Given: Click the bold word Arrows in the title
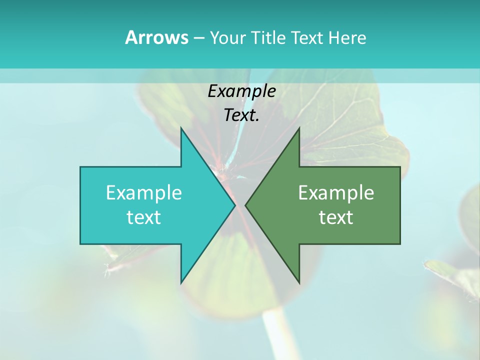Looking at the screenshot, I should point(156,37).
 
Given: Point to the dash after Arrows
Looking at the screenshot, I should point(198,38).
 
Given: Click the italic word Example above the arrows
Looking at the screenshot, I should point(241,91).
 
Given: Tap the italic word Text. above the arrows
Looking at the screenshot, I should point(241,115).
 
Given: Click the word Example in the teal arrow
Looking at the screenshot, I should point(144,193).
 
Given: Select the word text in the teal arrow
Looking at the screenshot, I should point(144,217).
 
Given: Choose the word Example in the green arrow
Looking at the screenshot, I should point(336,193).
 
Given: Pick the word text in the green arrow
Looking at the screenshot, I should point(336,217).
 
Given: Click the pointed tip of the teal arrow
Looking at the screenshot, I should point(235,205).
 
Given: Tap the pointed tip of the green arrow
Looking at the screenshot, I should point(245,205).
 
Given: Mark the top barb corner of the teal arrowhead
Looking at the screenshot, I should point(181,128).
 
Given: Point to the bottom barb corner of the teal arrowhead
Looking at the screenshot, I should point(181,283).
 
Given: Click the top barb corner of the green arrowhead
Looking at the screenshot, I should point(299,128).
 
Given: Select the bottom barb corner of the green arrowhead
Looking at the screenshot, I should point(299,283).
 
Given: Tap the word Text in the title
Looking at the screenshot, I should point(307,37).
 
